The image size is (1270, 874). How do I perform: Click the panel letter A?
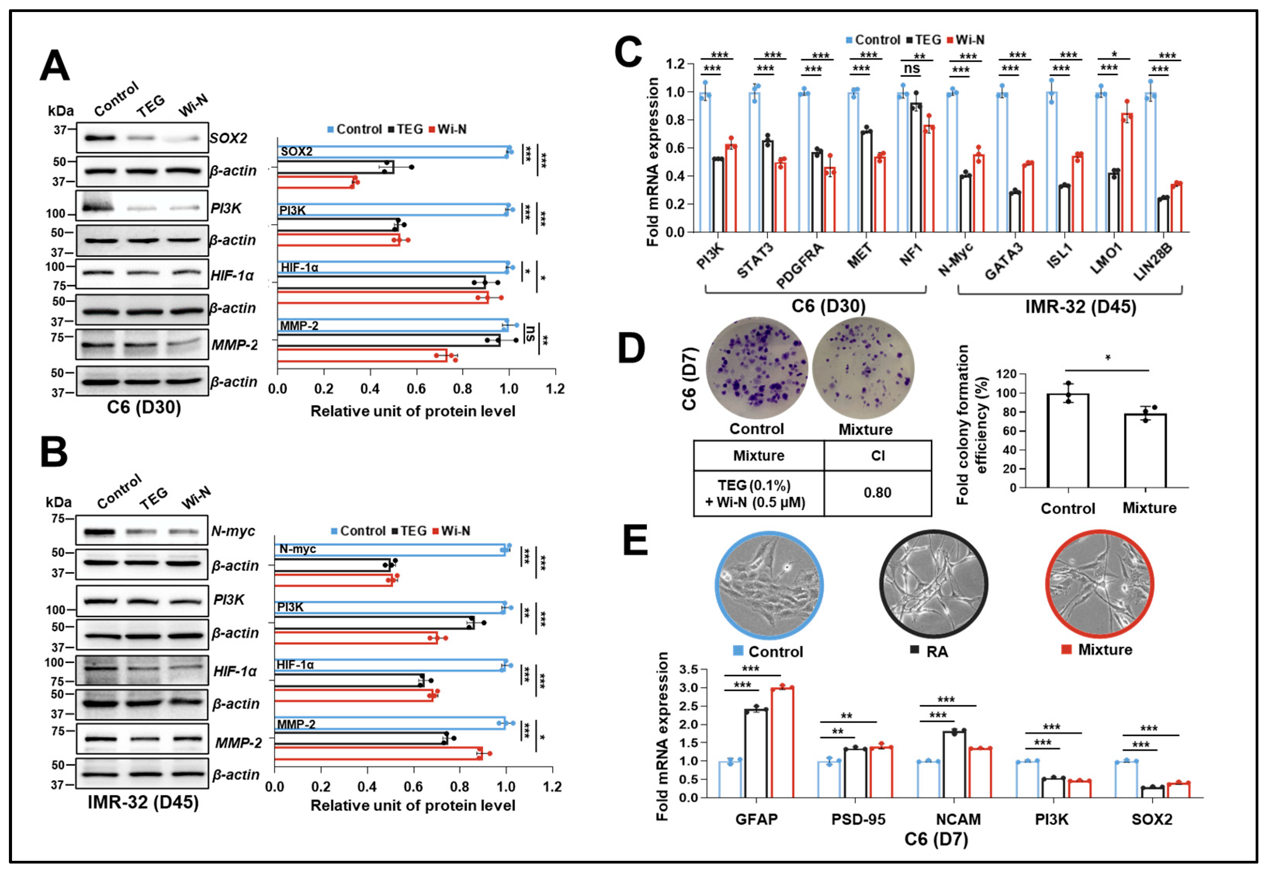(55, 66)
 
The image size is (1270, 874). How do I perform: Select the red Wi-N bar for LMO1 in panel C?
(1126, 173)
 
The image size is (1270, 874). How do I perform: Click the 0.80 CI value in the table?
(877, 493)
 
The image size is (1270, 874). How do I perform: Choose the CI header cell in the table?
(877, 455)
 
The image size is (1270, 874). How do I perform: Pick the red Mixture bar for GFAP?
(782, 742)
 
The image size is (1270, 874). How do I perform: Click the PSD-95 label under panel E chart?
(858, 819)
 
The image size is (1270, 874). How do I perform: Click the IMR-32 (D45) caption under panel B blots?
(144, 802)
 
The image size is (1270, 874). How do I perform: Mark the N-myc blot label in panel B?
(233, 531)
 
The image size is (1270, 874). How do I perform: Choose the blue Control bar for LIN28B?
(1150, 163)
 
